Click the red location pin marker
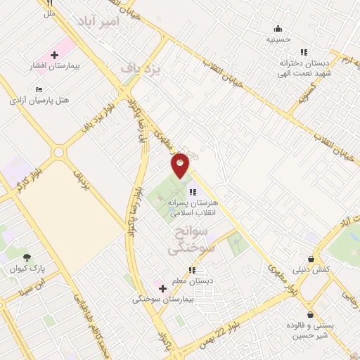pyautogui.click(x=181, y=165)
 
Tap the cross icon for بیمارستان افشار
pyautogui.click(x=54, y=54)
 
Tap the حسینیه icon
pyautogui.click(x=278, y=29)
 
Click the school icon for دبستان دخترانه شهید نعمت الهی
pyautogui.click(x=304, y=51)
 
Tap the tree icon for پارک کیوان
pyautogui.click(x=27, y=257)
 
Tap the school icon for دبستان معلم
pyautogui.click(x=191, y=270)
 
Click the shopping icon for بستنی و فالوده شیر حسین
pyautogui.click(x=310, y=314)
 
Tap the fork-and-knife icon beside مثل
pyautogui.click(x=49, y=4)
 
